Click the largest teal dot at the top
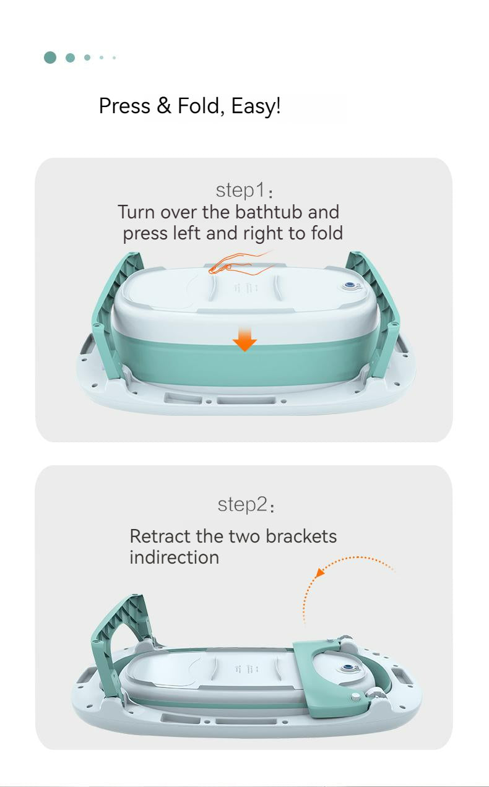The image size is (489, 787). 50,58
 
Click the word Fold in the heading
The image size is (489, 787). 198,105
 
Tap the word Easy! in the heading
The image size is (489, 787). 256,106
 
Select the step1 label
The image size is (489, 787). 244,191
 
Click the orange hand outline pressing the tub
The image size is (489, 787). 241,262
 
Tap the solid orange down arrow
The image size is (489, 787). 244,338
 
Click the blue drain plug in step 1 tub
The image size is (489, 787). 350,286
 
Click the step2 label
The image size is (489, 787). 246,505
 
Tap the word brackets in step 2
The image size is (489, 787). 301,536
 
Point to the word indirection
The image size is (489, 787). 175,557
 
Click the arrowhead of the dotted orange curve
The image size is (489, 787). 319,573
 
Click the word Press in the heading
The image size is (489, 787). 125,105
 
